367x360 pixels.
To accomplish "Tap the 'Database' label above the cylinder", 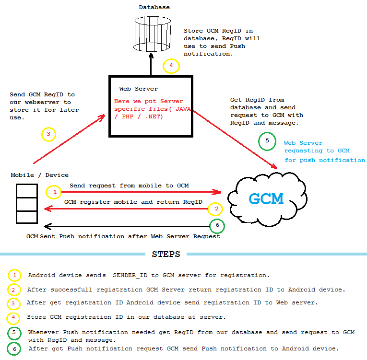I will point(154,7).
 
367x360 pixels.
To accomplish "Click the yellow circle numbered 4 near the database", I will point(171,66).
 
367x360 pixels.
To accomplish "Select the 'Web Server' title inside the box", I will point(138,89).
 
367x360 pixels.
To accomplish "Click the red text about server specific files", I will point(152,109).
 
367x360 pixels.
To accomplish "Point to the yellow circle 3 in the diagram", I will point(48,134).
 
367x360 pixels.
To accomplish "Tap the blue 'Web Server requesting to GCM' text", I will point(324,151).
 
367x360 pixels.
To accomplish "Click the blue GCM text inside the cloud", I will point(266,198).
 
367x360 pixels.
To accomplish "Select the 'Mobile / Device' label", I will point(40,175).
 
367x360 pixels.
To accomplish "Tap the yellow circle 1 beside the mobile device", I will point(54,192).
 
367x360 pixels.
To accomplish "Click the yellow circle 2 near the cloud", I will point(216,209).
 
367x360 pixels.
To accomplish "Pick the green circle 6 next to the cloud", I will point(217,226).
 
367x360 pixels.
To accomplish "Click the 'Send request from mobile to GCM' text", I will point(129,185).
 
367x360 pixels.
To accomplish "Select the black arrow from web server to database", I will point(151,64).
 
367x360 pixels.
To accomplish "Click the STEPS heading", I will point(166,254).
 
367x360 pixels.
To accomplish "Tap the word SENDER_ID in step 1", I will point(129,275).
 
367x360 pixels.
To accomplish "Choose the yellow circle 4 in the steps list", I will point(14,317).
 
